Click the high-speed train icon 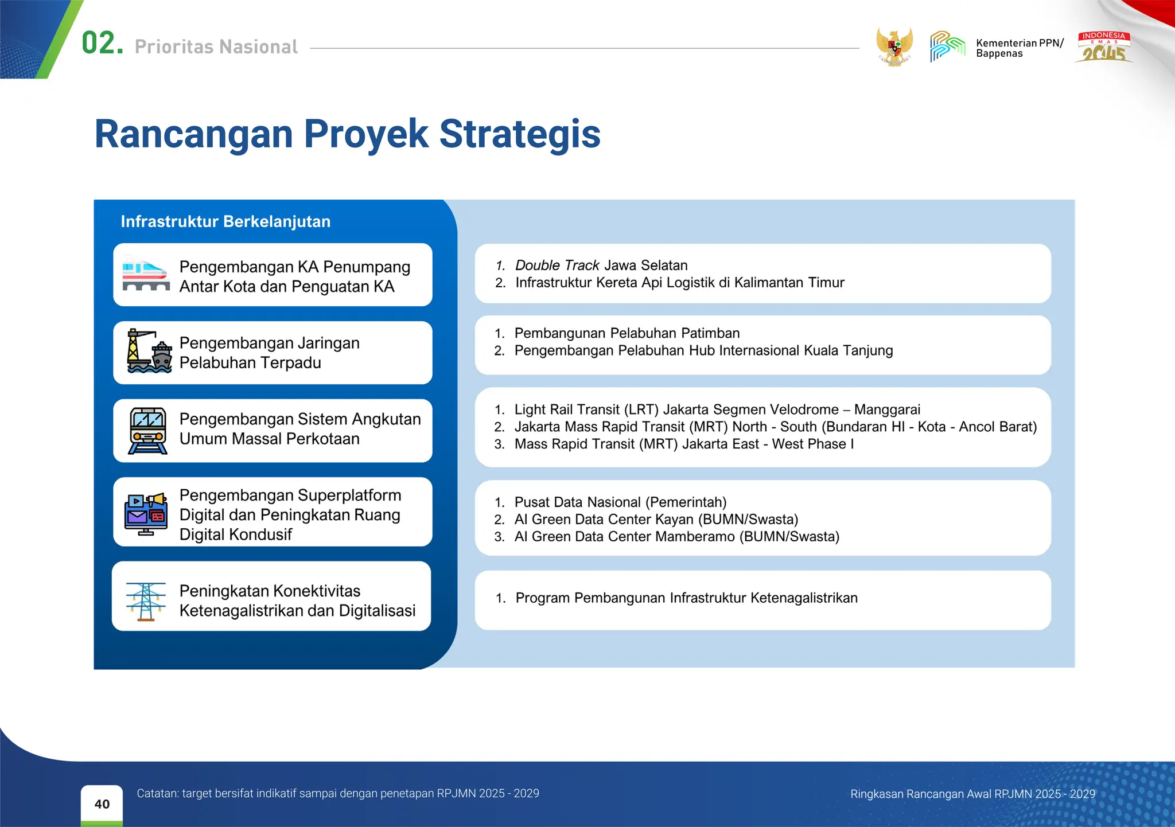pos(146,274)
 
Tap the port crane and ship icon pos(149,352)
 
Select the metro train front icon pos(148,431)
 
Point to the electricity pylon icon pos(146,601)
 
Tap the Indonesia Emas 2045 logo pos(1104,47)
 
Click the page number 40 pos(102,804)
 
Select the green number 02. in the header pos(102,44)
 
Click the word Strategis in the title pos(520,134)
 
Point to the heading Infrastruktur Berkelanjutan pos(225,221)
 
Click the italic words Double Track pos(557,266)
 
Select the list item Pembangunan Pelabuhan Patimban pos(627,333)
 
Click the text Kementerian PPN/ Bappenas pos(1019,48)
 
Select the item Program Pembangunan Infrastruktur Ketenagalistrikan pos(686,598)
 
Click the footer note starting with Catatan pos(337,794)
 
